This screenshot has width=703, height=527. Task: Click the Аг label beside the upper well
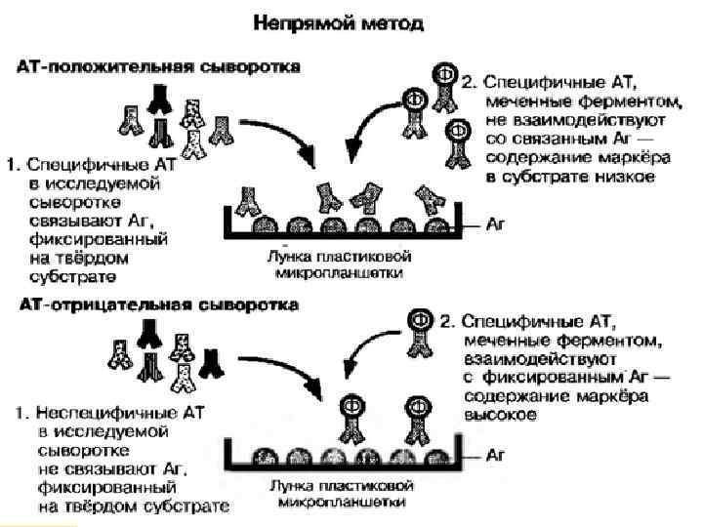(x=497, y=223)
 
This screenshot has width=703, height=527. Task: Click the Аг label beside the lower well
(x=497, y=456)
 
